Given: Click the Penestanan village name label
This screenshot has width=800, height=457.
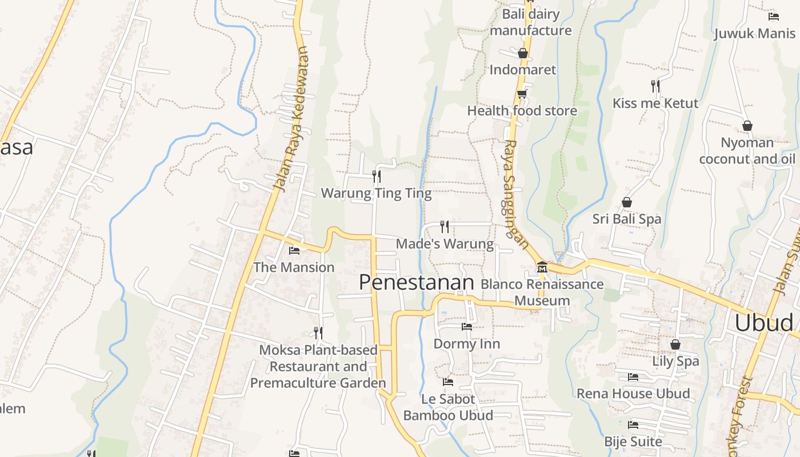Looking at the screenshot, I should [x=417, y=282].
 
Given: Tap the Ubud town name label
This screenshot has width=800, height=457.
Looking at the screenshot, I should [x=763, y=323].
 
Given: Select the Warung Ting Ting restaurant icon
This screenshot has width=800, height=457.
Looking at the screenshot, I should [x=377, y=176].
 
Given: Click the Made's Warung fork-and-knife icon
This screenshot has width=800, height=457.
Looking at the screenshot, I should [x=445, y=227].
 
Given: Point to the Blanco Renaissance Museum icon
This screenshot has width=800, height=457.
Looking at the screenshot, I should [x=542, y=267].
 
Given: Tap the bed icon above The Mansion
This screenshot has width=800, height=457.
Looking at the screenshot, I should [x=294, y=250].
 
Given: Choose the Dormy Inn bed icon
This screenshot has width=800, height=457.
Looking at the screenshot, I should [x=467, y=327].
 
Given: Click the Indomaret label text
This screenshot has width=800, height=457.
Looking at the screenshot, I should [x=522, y=70].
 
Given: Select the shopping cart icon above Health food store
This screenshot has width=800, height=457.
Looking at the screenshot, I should [x=522, y=94].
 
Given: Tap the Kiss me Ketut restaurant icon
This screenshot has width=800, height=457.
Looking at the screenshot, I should [x=655, y=86].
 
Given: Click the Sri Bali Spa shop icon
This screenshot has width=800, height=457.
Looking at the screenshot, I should [x=627, y=202].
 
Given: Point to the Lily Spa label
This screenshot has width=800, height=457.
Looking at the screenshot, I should [x=675, y=361].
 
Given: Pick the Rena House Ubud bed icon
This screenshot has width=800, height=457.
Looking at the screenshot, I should [x=633, y=377].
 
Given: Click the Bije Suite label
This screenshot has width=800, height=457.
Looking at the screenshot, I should [x=633, y=442].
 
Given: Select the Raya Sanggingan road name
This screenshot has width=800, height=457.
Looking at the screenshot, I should [x=515, y=194].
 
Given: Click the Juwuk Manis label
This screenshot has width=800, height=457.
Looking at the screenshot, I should [x=754, y=33].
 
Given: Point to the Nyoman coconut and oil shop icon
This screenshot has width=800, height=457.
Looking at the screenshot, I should [x=747, y=126].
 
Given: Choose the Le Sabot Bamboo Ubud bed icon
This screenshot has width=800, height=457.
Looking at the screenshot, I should [x=448, y=382].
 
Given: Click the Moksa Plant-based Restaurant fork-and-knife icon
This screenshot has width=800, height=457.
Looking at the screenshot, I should [x=318, y=332].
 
